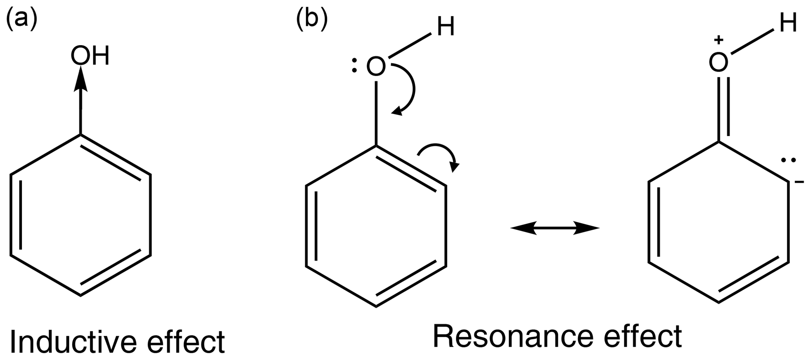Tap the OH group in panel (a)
pos(90,56)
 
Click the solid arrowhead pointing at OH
pos(80,78)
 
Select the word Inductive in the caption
pos(73,342)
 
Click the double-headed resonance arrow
pos(555,228)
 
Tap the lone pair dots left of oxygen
pos(354,67)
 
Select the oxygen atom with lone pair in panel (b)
pos(376,67)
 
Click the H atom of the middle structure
pos(446,28)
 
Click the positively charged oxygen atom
pos(718,62)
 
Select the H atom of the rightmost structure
pos(788,24)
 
